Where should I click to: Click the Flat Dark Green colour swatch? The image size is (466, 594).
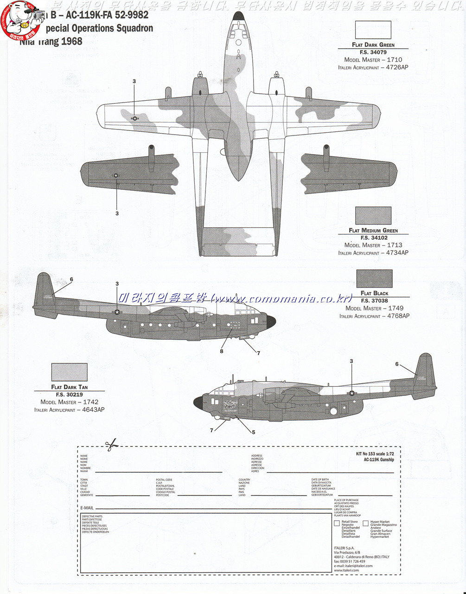[373, 30]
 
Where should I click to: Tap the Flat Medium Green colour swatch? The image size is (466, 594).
[373, 215]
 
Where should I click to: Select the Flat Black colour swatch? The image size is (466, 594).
[374, 278]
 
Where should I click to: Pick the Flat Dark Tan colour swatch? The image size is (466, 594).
[69, 372]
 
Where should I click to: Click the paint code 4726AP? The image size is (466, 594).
[397, 67]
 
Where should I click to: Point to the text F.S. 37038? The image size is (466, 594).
[374, 301]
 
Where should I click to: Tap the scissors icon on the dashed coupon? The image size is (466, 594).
[111, 445]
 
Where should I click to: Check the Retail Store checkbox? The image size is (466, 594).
[337, 523]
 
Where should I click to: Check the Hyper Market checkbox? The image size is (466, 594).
[365, 523]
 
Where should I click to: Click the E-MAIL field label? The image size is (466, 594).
[87, 508]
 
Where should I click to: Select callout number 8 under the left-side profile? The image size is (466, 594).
[222, 351]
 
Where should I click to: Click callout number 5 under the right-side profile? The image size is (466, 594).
[253, 432]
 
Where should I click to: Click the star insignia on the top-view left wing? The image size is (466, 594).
[135, 118]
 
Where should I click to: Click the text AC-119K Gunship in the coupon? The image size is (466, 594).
[379, 459]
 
